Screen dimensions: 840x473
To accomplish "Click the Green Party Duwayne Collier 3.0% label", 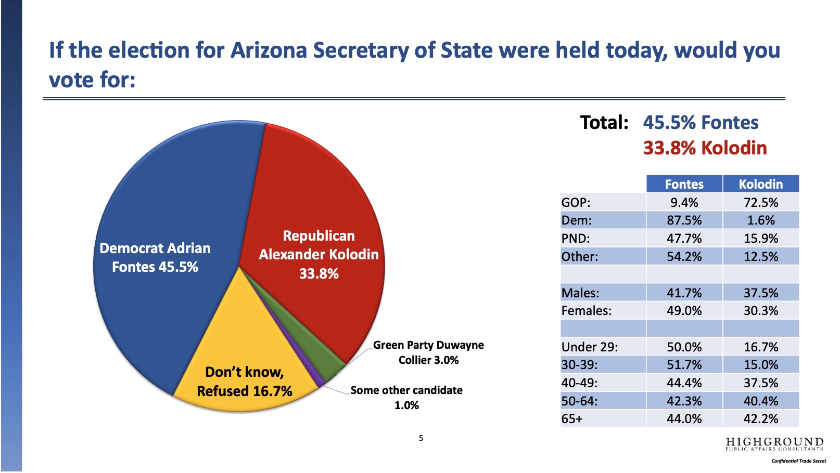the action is click(x=428, y=352).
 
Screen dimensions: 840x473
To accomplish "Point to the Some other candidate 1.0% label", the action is click(x=406, y=398).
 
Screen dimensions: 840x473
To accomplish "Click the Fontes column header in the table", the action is click(x=684, y=184).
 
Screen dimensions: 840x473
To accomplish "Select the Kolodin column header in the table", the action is click(x=761, y=184).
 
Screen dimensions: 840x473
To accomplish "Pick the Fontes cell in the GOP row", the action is click(x=684, y=202).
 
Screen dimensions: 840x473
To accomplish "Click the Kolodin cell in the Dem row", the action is click(x=761, y=220).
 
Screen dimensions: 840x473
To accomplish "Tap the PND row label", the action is click(x=575, y=238).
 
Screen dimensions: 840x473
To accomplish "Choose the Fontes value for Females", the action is click(x=684, y=310).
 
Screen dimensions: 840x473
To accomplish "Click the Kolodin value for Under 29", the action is click(x=761, y=347).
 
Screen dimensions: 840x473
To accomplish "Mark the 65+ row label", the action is click(x=572, y=419).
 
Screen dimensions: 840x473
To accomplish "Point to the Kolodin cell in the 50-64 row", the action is click(x=761, y=401).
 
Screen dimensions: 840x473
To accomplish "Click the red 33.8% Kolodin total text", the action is click(x=705, y=148).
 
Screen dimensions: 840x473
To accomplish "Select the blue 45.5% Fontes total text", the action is click(x=701, y=123).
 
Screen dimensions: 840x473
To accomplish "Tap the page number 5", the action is click(x=421, y=438).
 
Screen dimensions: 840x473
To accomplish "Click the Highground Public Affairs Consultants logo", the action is click(x=774, y=444).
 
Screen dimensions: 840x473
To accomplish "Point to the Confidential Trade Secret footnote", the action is click(x=799, y=461).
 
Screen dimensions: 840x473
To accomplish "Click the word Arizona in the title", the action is click(x=269, y=50).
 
